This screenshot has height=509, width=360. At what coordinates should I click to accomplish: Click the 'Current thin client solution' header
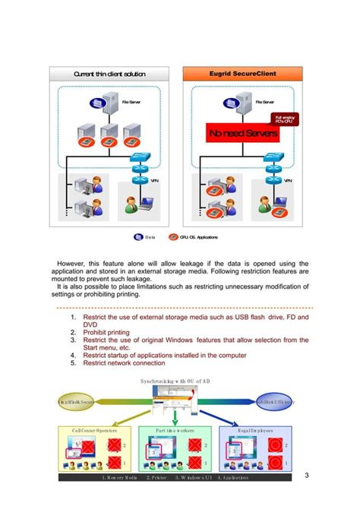109,74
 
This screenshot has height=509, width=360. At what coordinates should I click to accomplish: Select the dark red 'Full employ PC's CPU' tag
286,119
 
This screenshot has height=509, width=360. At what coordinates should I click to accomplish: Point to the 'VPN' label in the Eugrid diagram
288,181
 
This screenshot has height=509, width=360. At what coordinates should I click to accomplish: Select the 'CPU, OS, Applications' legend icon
173,238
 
